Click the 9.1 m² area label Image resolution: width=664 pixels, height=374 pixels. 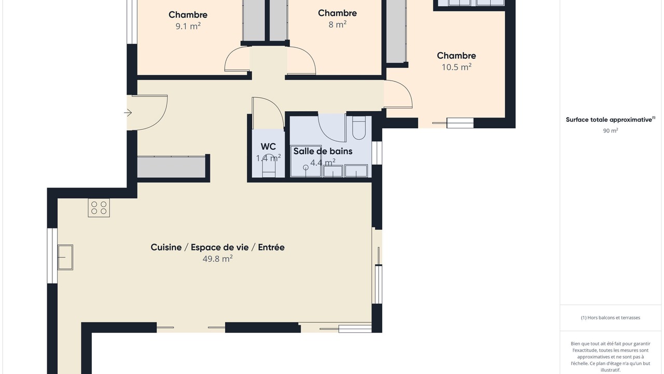coord(188,26)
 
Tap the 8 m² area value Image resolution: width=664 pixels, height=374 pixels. coord(337,24)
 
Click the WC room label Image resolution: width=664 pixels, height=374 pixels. coord(268,146)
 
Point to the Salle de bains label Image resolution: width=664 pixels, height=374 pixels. coord(323,151)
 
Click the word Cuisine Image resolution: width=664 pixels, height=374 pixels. coord(166,247)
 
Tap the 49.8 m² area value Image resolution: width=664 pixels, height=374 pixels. coord(217,259)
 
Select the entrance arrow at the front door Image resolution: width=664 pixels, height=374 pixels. coord(128,113)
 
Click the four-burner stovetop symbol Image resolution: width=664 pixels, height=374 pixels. coord(99,208)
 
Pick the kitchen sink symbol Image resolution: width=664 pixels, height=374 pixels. coord(65,257)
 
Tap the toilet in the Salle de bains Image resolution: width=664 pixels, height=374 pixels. coord(358,128)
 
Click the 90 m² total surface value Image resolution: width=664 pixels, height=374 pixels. coord(611,130)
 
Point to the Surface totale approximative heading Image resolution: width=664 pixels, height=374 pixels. coord(611,119)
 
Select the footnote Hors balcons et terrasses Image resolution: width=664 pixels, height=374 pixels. coord(611,317)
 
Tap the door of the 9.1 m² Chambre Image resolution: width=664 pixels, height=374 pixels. coord(237,59)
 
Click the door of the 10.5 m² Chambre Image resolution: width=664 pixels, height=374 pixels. coord(398,94)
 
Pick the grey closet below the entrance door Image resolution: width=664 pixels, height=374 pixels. coord(171,167)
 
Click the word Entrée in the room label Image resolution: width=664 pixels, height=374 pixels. coord(271,247)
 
